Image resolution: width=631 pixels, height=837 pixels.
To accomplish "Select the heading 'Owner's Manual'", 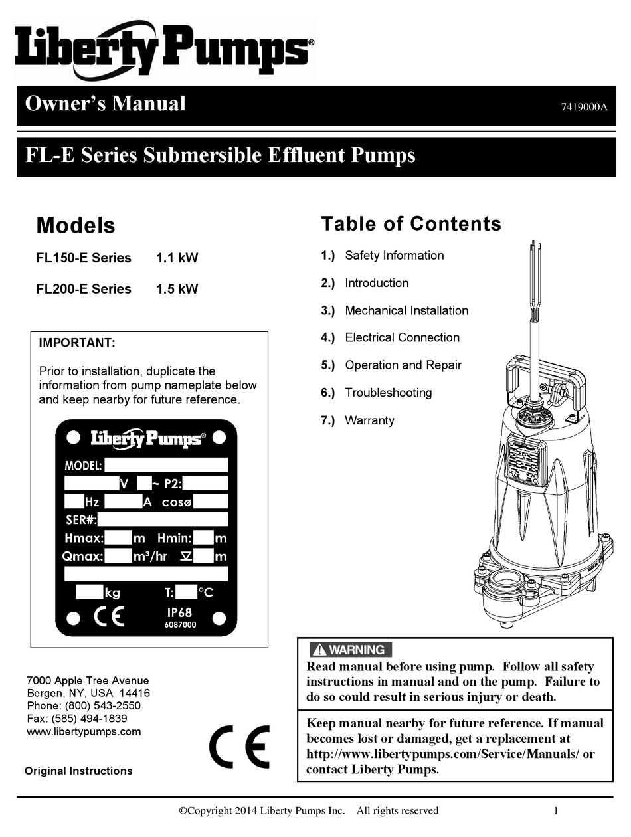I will point(105,104).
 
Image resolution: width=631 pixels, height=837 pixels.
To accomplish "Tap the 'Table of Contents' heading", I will point(410,224).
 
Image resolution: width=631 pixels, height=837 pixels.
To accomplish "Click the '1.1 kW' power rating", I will point(177,258).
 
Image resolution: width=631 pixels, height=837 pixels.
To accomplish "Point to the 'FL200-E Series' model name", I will point(84,289).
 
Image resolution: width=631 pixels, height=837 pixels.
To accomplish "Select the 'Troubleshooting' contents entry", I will point(388,393).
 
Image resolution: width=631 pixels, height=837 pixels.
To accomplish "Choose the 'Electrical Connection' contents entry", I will point(402,337).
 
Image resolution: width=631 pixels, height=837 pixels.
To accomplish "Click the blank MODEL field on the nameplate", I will point(165,465).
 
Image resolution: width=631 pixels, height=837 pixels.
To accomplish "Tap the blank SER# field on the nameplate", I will point(163,519).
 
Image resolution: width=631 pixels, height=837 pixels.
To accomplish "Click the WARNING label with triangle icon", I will point(351,650).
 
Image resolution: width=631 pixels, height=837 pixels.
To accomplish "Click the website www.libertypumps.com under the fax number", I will point(84,731).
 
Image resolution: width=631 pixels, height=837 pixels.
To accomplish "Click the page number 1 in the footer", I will point(556,810).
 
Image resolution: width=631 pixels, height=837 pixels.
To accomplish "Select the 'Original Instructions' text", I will point(78,771).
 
